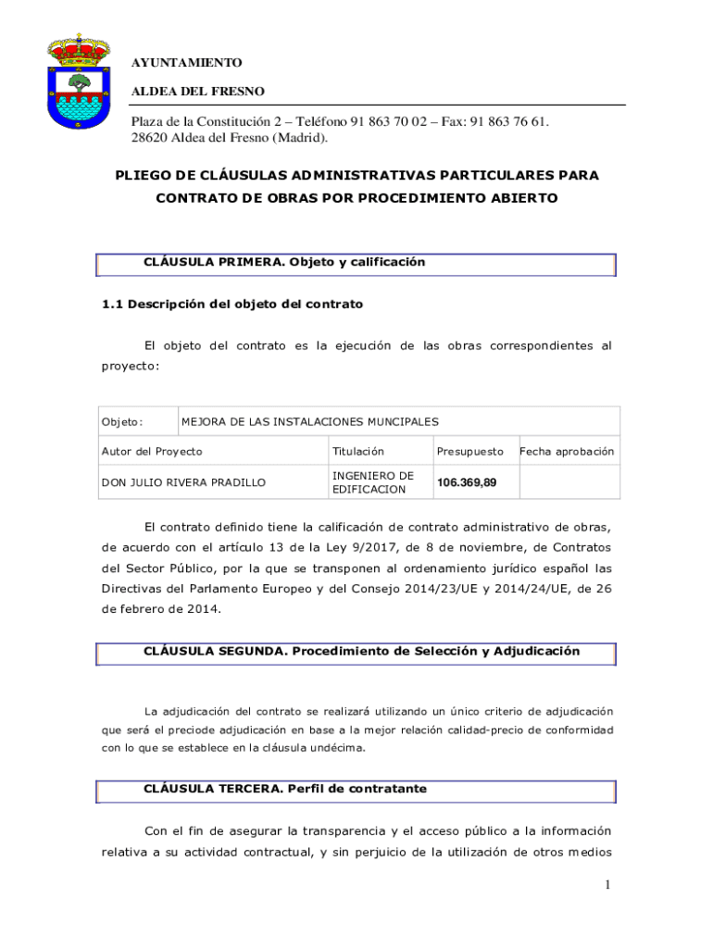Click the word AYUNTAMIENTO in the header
(186, 62)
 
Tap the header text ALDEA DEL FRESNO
(197, 91)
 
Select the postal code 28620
(150, 138)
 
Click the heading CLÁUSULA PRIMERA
(213, 262)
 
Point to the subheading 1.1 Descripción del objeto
(231, 304)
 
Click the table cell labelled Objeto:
(122, 422)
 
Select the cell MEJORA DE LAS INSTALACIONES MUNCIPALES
(309, 422)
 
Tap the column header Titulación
(357, 452)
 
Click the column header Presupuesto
(470, 452)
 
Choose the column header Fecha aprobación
(566, 452)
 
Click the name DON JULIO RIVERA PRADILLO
(183, 482)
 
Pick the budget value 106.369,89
(467, 482)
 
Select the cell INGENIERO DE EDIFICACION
(372, 482)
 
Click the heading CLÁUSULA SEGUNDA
(215, 651)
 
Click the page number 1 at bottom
(607, 885)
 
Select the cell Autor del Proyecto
(151, 452)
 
